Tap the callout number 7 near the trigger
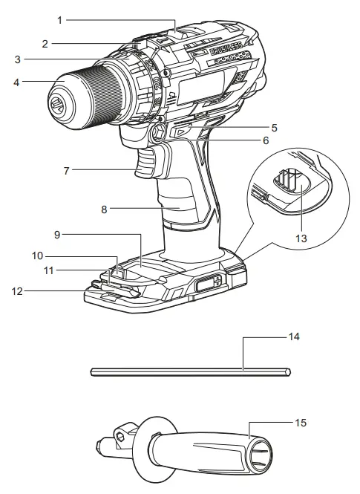68,170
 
